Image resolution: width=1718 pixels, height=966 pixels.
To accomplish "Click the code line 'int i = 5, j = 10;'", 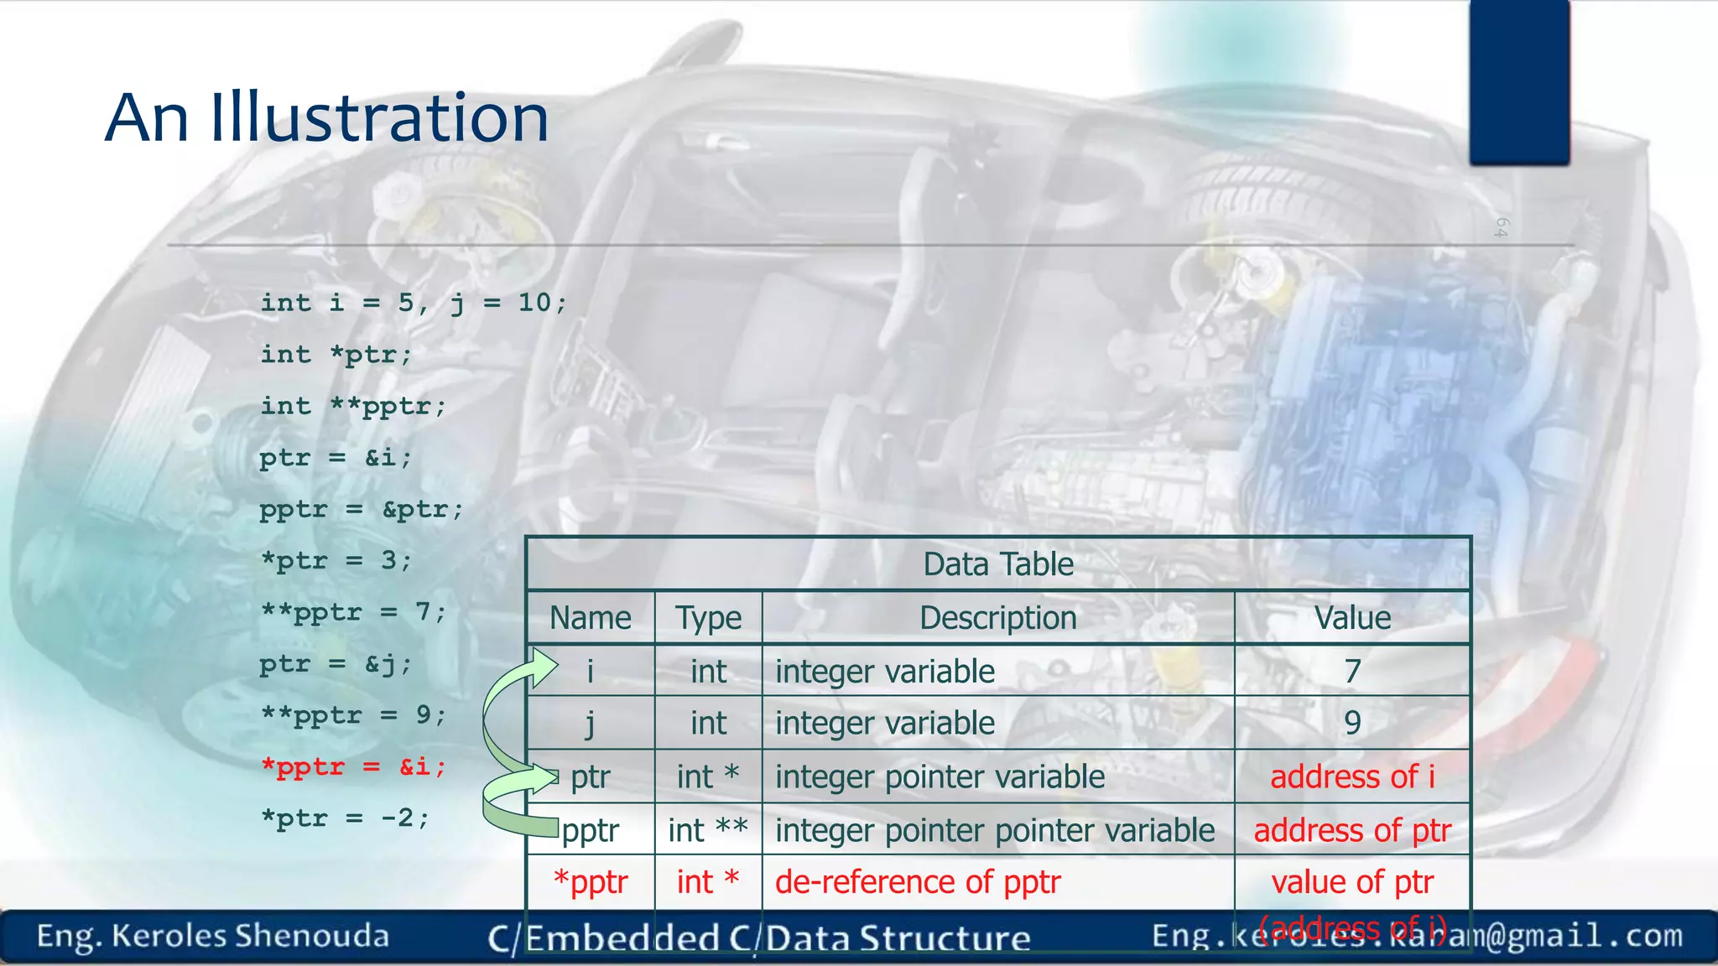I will (414, 303).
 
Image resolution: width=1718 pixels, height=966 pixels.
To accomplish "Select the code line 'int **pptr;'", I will (353, 407).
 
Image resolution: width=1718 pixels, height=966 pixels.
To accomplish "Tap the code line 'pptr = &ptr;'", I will (361, 510).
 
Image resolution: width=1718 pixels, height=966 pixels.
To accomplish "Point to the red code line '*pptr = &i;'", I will (353, 767).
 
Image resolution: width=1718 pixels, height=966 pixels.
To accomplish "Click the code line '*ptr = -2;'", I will (345, 818).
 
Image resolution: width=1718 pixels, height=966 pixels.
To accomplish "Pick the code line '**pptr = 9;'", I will (353, 715).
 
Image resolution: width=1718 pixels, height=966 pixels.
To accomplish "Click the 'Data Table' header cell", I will (997, 564).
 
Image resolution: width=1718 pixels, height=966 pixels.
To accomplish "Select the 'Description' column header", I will (997, 618).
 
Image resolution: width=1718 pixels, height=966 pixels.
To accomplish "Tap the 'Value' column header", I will (1351, 618).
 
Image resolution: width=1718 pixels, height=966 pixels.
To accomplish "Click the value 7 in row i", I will (1351, 671).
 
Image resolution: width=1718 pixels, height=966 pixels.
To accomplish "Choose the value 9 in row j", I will (1351, 723).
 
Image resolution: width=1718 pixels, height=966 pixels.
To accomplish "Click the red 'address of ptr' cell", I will (1351, 830).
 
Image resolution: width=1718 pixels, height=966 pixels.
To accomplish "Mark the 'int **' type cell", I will (708, 830).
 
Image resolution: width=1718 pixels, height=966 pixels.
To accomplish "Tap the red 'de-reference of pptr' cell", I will (918, 882).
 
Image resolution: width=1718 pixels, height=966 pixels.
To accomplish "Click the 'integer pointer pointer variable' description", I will (995, 830).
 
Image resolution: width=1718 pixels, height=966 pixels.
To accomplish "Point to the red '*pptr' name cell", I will (591, 882).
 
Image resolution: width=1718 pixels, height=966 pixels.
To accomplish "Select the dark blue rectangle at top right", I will (1519, 81).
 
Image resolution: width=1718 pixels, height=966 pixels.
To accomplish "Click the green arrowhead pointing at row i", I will (544, 667).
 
